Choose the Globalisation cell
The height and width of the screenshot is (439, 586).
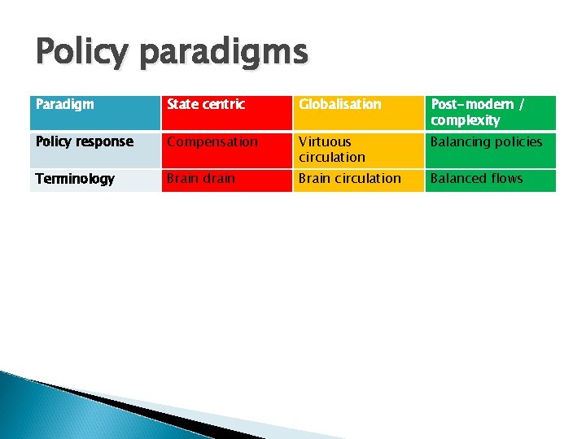(357, 112)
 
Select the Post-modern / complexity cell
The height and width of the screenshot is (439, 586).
(490, 112)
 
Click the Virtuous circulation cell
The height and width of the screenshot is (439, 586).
(357, 150)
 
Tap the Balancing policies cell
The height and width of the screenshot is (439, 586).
(490, 150)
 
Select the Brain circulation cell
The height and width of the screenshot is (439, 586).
(357, 180)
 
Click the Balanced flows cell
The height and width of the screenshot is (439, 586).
(490, 180)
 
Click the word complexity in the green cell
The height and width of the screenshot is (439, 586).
(465, 120)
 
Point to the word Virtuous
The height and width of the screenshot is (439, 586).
(325, 141)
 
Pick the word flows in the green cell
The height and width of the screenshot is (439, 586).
(505, 179)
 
